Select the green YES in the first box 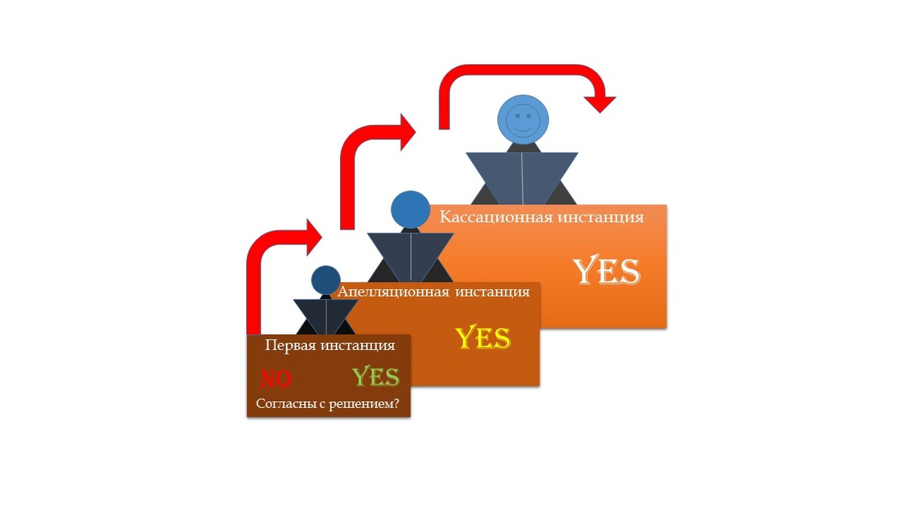click(x=375, y=376)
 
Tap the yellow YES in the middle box click(x=483, y=339)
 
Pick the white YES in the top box click(x=606, y=271)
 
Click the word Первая click(x=292, y=345)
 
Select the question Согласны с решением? click(x=327, y=403)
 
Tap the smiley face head click(x=523, y=120)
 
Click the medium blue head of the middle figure click(x=409, y=211)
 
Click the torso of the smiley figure click(x=522, y=176)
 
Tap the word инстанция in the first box click(x=358, y=345)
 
